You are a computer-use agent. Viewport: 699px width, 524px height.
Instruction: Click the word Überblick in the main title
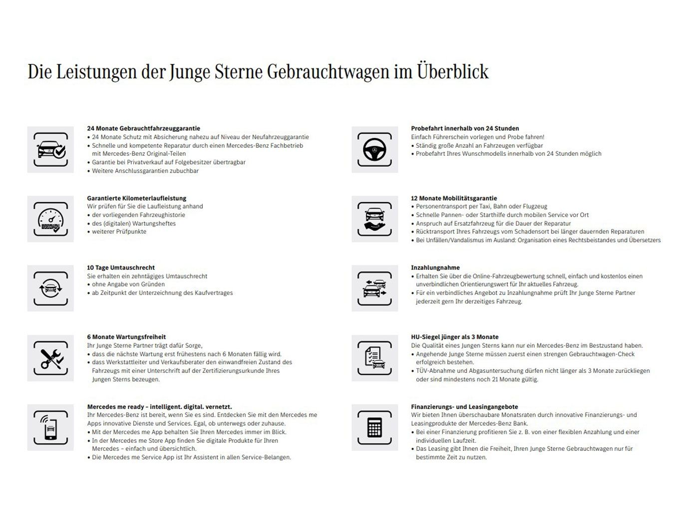click(452, 72)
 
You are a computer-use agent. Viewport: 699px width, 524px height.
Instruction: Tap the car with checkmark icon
click(50, 150)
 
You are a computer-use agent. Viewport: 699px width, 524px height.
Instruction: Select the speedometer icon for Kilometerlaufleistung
click(50, 219)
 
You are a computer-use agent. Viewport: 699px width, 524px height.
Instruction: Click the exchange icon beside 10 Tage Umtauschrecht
click(50, 288)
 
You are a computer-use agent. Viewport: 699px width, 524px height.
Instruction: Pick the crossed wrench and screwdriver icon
click(50, 358)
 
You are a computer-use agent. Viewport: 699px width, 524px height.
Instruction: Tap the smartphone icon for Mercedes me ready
click(50, 428)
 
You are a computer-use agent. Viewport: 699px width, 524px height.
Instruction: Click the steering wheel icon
click(374, 150)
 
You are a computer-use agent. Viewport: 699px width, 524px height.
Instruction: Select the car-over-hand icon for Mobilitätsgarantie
click(374, 219)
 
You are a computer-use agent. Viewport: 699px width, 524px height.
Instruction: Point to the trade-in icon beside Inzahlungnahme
click(374, 288)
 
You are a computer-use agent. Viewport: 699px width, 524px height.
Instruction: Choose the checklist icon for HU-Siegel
click(374, 358)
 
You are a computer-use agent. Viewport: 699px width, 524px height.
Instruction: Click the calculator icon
click(374, 428)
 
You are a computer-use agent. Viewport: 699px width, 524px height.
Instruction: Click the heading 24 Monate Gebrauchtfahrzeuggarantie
click(143, 129)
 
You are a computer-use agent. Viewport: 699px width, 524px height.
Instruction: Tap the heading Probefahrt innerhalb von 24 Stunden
click(465, 129)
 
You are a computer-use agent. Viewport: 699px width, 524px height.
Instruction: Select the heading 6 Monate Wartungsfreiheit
click(126, 337)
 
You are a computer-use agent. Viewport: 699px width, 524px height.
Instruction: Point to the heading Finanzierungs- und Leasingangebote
click(464, 407)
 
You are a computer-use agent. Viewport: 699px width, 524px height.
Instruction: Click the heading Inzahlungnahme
click(435, 268)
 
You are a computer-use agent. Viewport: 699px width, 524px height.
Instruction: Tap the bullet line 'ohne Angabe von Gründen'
click(128, 284)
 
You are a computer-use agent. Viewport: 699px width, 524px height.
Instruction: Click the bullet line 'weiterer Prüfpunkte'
click(119, 232)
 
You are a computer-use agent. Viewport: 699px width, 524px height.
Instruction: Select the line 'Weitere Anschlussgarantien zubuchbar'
click(145, 171)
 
